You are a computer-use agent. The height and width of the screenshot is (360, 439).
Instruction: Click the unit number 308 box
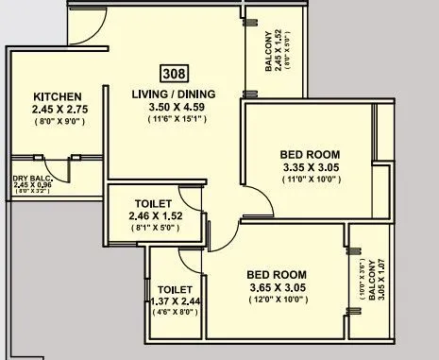175,75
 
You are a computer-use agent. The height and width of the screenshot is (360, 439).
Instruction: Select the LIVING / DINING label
174,94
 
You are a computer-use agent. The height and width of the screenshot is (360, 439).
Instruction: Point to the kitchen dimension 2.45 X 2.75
59,111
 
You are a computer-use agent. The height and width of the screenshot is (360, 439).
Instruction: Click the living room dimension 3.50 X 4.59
174,108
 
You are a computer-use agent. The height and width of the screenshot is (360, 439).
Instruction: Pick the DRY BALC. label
31,177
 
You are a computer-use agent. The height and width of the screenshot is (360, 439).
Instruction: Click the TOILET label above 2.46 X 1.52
152,203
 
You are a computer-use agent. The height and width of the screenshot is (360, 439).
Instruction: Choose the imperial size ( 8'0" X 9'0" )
59,123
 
